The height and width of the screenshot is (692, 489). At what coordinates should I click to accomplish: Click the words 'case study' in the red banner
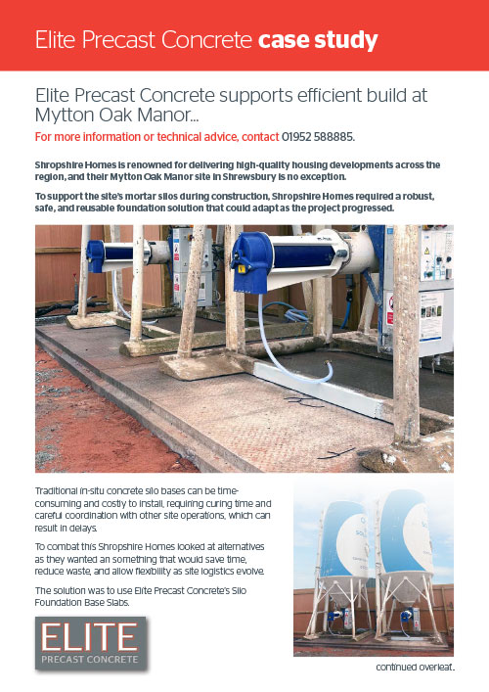[318, 40]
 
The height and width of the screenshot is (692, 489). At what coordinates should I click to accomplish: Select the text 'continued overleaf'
[416, 669]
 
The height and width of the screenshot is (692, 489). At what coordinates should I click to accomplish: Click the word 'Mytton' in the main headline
[64, 115]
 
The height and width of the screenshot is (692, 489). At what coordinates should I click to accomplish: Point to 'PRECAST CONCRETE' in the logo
[89, 660]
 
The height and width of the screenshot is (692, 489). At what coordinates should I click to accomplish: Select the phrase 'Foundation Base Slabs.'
[89, 604]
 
